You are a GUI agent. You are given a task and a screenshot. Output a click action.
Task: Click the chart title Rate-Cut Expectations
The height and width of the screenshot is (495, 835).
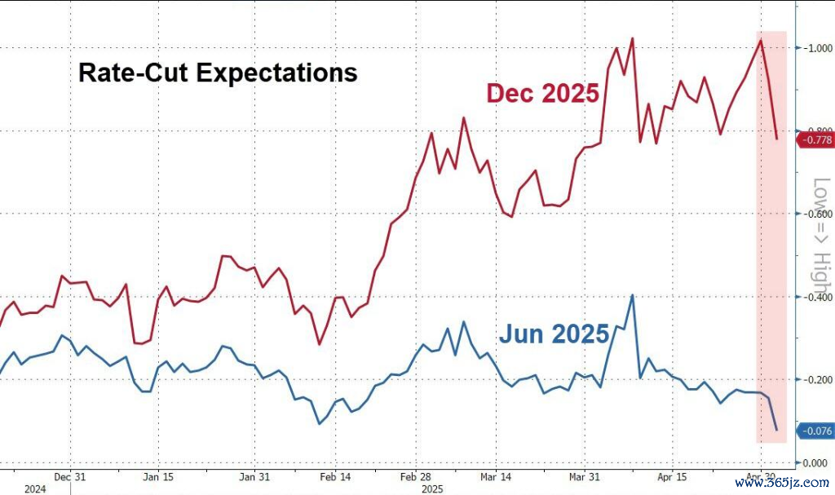[218, 73]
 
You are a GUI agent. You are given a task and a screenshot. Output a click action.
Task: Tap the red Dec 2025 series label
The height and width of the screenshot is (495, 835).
[542, 93]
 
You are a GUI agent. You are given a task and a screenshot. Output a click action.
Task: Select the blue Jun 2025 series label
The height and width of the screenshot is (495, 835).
[554, 334]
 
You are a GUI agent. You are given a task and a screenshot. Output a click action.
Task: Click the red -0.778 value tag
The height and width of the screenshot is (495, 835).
[815, 140]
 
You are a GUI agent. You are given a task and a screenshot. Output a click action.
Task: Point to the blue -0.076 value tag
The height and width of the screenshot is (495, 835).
[815, 431]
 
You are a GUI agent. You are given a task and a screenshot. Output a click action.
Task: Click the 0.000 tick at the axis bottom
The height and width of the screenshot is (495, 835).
[816, 462]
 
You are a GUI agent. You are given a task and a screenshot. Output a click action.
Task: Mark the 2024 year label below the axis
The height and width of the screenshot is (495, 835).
[35, 489]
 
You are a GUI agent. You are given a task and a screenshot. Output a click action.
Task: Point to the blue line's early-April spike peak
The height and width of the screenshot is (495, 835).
[632, 295]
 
